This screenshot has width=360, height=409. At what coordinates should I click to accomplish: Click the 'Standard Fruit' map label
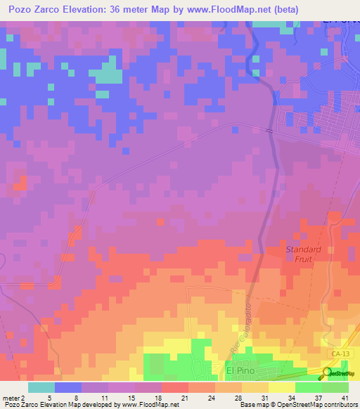(303, 254)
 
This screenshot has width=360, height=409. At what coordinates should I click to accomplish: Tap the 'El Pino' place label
(238, 370)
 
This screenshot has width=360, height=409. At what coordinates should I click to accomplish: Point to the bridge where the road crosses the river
(269, 129)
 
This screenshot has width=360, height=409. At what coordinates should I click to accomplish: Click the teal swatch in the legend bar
(41, 387)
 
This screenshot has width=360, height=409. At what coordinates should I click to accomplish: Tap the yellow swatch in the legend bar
(281, 387)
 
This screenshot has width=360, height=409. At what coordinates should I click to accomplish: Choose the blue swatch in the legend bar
(68, 387)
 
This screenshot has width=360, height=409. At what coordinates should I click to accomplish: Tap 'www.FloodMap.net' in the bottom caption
(150, 405)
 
